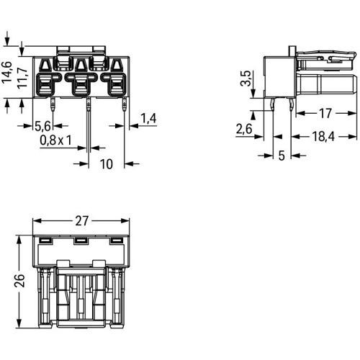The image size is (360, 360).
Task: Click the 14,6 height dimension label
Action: [6, 73]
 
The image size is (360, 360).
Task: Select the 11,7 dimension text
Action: [22, 77]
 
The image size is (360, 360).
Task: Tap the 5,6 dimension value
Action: [42, 126]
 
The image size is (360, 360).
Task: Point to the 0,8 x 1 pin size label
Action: [55, 140]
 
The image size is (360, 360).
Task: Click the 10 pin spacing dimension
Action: [106, 164]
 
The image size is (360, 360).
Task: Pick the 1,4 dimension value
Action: [148, 118]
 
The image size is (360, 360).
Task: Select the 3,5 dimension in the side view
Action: [246, 78]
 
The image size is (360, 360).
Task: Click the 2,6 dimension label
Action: [244, 129]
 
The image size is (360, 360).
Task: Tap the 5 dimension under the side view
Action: [282, 156]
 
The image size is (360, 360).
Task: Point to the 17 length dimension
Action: [325, 113]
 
